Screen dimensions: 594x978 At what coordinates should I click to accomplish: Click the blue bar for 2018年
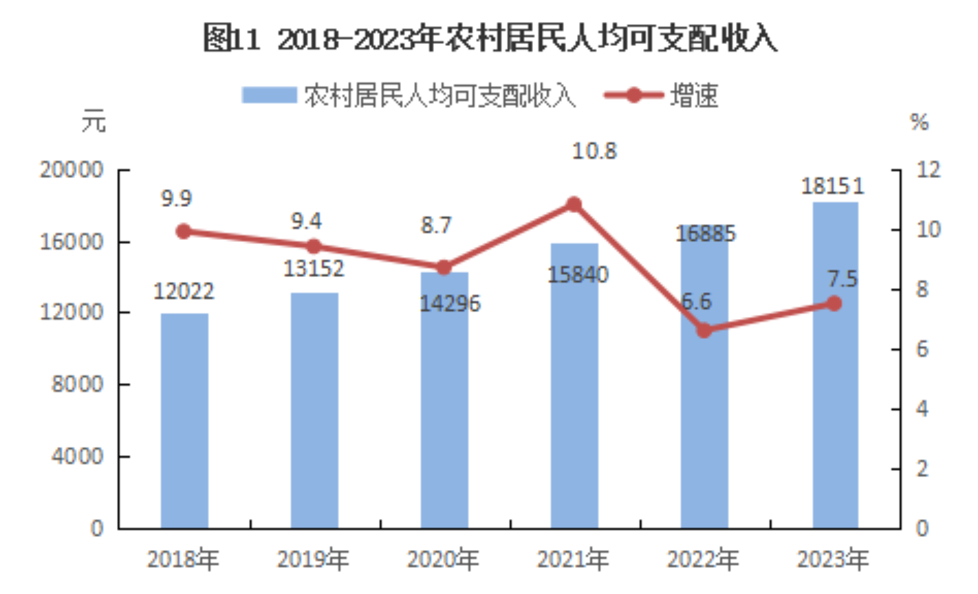pyautogui.click(x=184, y=421)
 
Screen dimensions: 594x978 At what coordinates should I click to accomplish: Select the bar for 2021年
pyautogui.click(x=574, y=385)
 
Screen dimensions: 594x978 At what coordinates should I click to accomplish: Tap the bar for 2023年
pyautogui.click(x=835, y=364)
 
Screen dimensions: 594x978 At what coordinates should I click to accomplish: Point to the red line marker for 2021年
pyautogui.click(x=574, y=204)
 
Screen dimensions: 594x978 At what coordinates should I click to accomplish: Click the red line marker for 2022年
pyautogui.click(x=704, y=331)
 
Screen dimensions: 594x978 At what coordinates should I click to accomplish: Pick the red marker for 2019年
pyautogui.click(x=314, y=246)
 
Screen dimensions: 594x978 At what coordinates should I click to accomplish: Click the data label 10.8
pyautogui.click(x=595, y=151)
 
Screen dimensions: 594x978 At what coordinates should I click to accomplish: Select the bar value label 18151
pyautogui.click(x=832, y=186)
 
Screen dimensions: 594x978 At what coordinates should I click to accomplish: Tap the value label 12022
pyautogui.click(x=184, y=291)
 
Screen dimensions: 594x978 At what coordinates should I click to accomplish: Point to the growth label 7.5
pyautogui.click(x=842, y=279)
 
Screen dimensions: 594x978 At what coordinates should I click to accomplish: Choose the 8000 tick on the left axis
pyautogui.click(x=77, y=384)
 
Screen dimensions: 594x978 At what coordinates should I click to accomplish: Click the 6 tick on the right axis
pyautogui.click(x=922, y=349)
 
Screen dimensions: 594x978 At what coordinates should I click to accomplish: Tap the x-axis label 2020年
pyautogui.click(x=444, y=560)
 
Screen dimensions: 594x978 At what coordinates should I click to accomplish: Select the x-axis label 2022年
pyautogui.click(x=704, y=560)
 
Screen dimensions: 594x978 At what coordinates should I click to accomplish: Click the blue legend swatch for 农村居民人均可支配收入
pyautogui.click(x=268, y=95)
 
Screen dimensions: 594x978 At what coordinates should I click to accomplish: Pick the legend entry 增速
pyautogui.click(x=694, y=95)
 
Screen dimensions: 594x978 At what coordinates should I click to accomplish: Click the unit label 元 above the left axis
pyautogui.click(x=94, y=122)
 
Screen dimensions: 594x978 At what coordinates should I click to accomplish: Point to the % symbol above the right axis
pyautogui.click(x=920, y=122)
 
